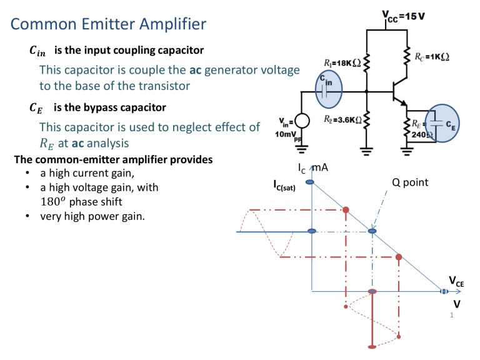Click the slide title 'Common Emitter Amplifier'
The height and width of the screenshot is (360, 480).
(109, 24)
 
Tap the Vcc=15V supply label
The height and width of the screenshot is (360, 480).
(404, 14)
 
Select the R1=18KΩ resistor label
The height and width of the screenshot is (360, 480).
(339, 63)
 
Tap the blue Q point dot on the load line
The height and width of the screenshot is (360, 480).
(372, 231)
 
